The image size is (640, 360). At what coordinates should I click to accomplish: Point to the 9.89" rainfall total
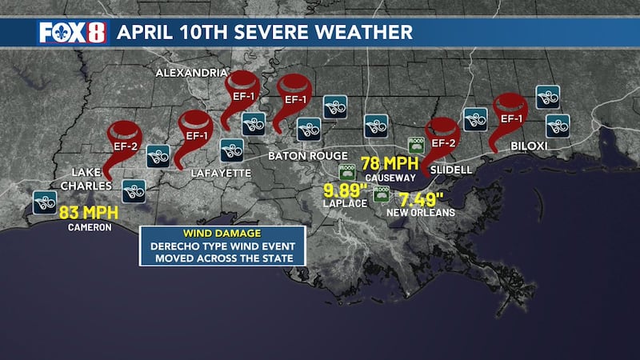pos(344,190)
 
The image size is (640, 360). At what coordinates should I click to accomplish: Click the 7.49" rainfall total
pos(422,198)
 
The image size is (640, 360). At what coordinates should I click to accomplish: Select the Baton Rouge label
pos(308,155)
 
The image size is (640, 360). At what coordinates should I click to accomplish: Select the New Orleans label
pos(421,213)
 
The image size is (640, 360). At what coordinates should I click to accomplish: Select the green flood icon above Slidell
pos(416,145)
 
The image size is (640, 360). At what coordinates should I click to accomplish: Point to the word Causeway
pos(386,177)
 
